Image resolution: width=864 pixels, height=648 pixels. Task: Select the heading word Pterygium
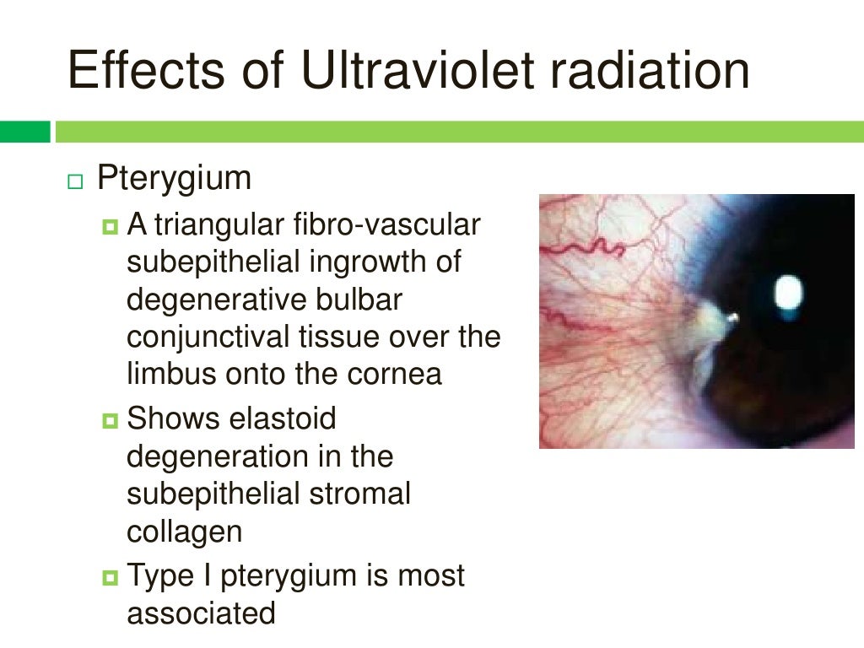tap(175, 179)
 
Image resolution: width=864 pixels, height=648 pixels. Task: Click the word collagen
tap(185, 532)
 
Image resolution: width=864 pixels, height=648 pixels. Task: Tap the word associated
tap(201, 613)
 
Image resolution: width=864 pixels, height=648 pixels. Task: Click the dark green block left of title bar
tap(24, 132)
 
